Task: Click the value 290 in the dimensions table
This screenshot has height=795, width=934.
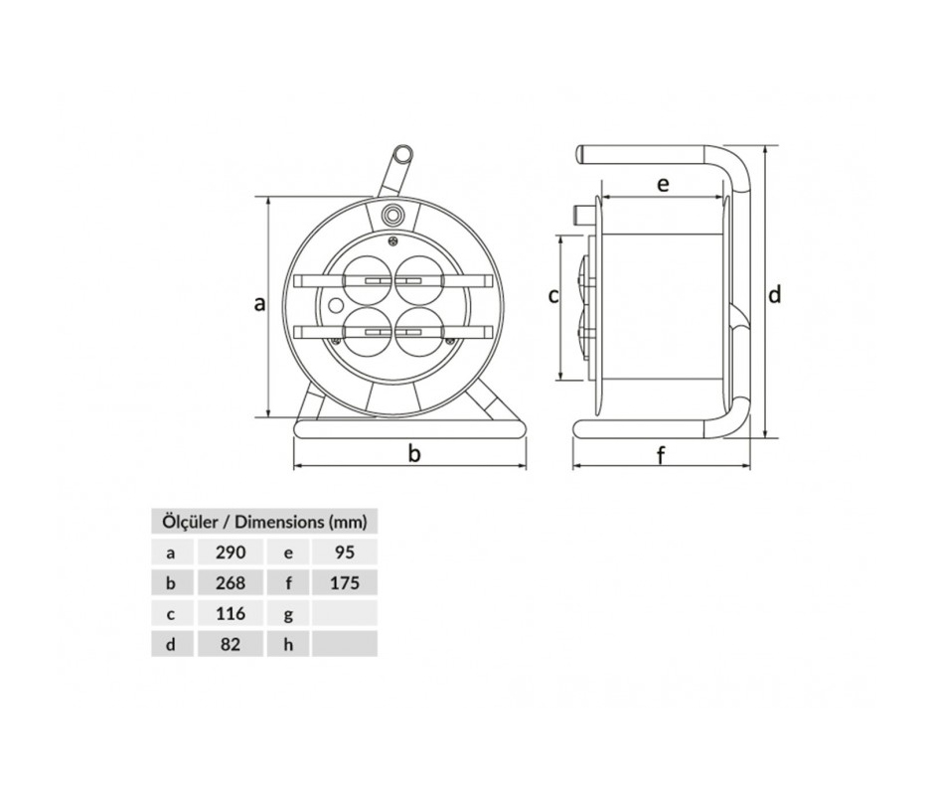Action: point(230,553)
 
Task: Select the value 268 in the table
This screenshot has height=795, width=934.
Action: point(230,583)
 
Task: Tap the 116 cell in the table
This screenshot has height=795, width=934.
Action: point(230,613)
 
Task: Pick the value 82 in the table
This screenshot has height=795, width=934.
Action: point(230,644)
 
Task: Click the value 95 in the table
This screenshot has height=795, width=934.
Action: point(345,553)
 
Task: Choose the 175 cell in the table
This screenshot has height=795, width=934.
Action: point(345,583)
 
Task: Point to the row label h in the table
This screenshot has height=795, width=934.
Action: point(288,644)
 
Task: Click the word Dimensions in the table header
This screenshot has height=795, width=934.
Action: point(278,522)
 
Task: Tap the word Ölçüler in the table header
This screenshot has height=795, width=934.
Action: point(190,522)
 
